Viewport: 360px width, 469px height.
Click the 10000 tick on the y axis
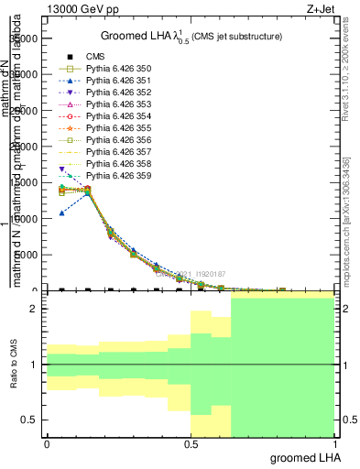coord(26,219)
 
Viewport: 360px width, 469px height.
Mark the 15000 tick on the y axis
coord(26,183)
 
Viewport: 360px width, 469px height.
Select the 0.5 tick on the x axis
coord(191,444)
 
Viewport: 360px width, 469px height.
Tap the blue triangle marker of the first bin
coord(62,213)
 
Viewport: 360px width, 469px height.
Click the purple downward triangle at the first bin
coord(62,169)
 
